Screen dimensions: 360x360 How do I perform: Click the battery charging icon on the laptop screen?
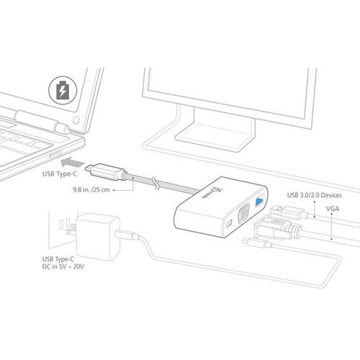click(63, 91)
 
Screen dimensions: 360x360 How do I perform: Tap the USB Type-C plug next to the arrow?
click(102, 171)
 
